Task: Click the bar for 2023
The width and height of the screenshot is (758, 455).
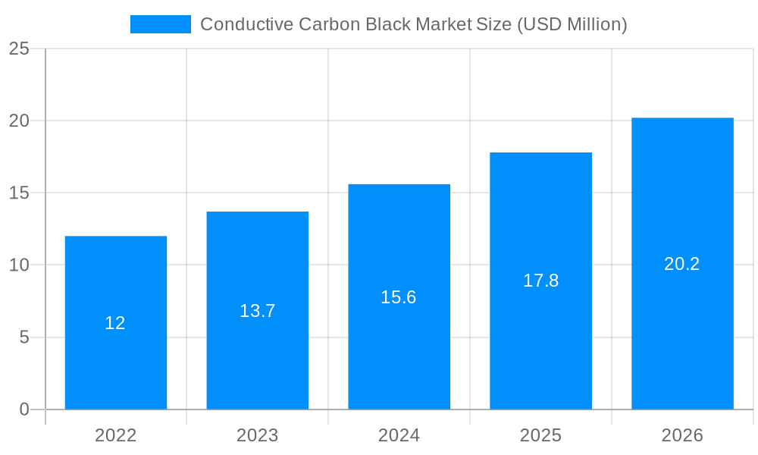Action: pos(257,356)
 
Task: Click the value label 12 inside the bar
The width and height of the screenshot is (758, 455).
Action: pos(115,323)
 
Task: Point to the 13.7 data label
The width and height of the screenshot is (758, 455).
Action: pos(257,311)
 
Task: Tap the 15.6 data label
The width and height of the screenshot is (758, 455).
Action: pos(399,297)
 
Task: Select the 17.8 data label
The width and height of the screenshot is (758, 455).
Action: pos(540,281)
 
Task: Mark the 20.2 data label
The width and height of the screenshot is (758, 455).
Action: pos(682,264)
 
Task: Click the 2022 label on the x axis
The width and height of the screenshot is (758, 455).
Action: pos(115,435)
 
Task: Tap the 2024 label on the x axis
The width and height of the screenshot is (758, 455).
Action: pos(399,435)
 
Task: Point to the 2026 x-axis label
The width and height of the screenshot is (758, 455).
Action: pos(682,435)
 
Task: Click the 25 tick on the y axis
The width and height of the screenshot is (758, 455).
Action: pos(19,49)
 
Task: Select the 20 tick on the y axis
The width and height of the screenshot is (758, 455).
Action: pos(19,121)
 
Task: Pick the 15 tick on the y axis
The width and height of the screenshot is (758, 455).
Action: pos(19,193)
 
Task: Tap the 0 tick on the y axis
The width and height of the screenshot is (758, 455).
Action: pos(23,409)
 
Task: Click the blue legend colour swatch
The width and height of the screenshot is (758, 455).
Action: pos(160,24)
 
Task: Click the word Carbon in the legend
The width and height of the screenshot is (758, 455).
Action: pos(330,24)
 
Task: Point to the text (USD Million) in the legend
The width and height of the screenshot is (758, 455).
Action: pos(572,24)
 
